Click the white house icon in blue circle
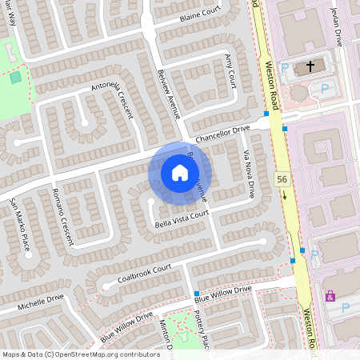[180, 173]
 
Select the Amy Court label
[231, 71]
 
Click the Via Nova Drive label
[247, 178]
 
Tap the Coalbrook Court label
[145, 273]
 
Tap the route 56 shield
[282, 180]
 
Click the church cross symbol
[310, 67]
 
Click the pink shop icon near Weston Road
[330, 296]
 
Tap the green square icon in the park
[15, 77]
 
